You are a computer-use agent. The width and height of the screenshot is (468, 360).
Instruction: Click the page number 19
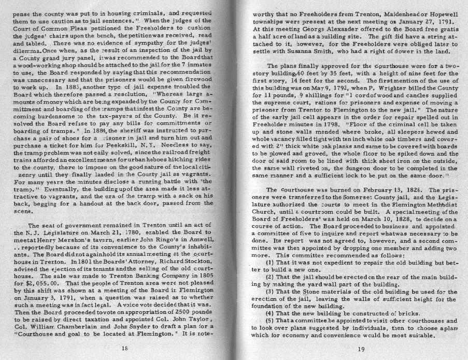pos(361,349)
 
